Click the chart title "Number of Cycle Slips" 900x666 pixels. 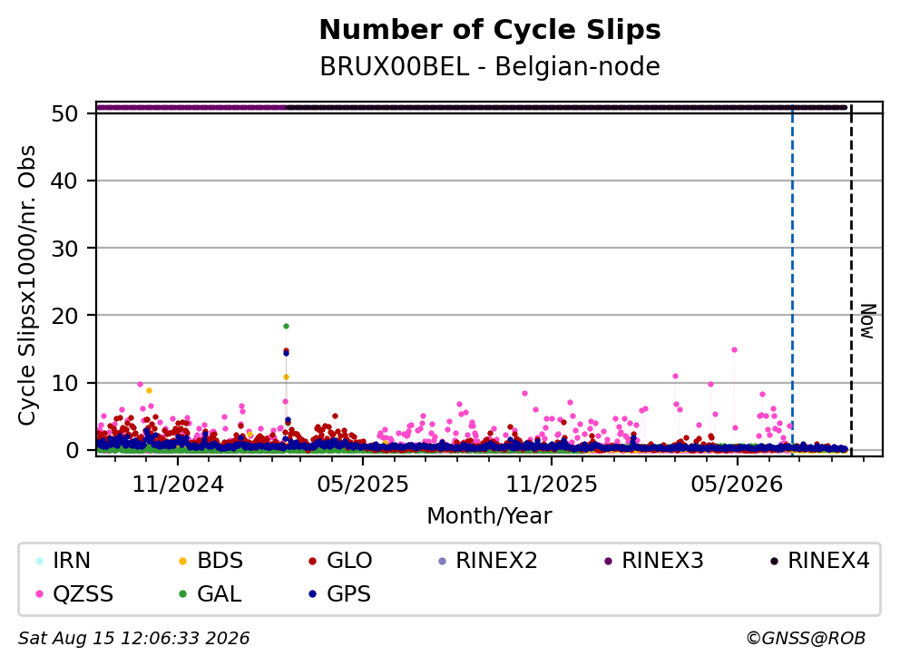(490, 30)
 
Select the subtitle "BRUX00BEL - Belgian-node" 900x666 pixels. (490, 66)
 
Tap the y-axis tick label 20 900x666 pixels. (64, 315)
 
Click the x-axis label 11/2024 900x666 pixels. (178, 485)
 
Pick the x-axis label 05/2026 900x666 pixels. (737, 485)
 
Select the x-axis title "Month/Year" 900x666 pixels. (489, 515)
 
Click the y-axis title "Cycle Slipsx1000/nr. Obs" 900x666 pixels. (27, 285)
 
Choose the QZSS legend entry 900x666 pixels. (74, 593)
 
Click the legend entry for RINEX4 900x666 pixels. (819, 561)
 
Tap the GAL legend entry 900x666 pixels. (210, 593)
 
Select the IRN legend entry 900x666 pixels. (64, 561)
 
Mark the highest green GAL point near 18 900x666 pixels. (286, 326)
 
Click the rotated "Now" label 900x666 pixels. (867, 321)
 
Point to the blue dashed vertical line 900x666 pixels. (793, 279)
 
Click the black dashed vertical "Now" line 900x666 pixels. (851, 279)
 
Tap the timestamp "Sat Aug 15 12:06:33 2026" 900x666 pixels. (133, 639)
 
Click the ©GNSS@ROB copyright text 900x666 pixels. (806, 639)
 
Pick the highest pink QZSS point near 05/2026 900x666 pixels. (734, 349)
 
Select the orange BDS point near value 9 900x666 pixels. (149, 390)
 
